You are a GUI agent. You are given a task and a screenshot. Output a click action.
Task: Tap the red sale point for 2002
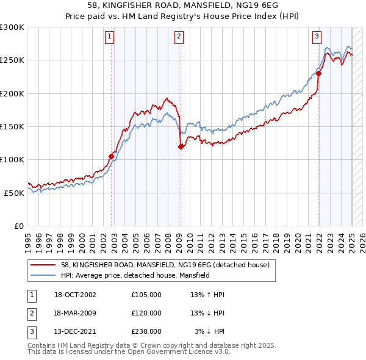click(x=112, y=156)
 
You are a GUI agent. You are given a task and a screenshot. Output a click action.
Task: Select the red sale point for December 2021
click(x=319, y=73)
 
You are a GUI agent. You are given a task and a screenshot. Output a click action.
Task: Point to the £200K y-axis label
click(x=12, y=93)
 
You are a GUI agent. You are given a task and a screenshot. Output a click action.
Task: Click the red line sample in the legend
click(x=43, y=265)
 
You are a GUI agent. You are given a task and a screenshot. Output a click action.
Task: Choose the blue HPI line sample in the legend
click(x=43, y=275)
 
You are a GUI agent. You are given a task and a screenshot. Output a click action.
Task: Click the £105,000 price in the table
click(x=146, y=295)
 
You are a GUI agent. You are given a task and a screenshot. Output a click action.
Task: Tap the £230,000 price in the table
click(x=146, y=332)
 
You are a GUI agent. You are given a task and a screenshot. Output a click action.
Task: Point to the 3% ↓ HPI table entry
click(x=210, y=332)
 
